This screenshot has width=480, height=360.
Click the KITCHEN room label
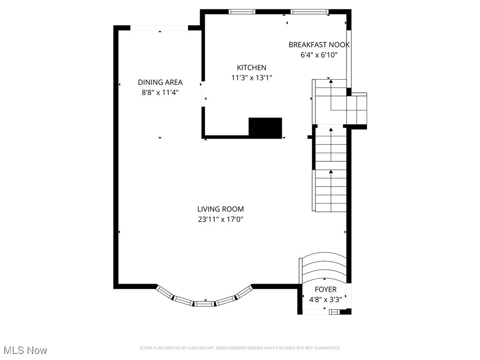(x=251, y=68)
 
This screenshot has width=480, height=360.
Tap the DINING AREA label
(x=160, y=82)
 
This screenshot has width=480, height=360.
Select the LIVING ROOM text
(x=220, y=209)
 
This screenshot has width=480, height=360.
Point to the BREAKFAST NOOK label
(x=319, y=45)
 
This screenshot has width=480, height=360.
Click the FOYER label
(x=325, y=290)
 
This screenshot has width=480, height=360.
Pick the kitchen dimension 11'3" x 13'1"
(x=251, y=78)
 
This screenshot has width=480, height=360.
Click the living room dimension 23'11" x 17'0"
(x=220, y=219)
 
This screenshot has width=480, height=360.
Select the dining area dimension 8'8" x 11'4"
(x=160, y=92)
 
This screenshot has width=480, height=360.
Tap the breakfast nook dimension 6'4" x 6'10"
(x=319, y=55)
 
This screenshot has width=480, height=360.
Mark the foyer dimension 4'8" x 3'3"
(x=325, y=299)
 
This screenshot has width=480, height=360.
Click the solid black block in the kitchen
(x=265, y=127)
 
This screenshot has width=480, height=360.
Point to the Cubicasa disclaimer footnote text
(x=240, y=348)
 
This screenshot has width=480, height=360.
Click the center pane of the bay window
(x=204, y=303)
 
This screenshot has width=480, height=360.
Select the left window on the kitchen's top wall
(x=242, y=12)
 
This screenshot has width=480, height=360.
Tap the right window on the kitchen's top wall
(x=309, y=12)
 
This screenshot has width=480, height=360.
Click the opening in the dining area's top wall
(x=159, y=28)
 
